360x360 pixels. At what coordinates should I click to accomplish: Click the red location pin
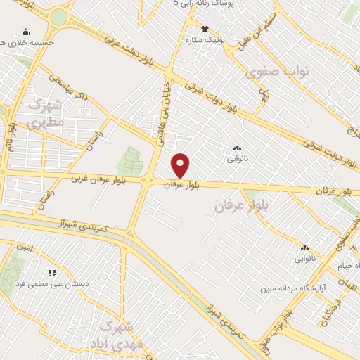click(x=181, y=165)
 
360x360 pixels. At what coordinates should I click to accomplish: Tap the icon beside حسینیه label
click(x=26, y=32)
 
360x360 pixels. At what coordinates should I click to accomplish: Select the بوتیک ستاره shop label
click(x=203, y=40)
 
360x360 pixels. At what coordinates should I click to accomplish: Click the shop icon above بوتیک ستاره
click(x=205, y=29)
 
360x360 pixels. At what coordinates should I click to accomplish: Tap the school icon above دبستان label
click(x=51, y=272)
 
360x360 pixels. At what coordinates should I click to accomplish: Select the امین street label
click(x=25, y=247)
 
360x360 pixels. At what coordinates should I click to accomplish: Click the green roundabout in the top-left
click(x=59, y=17)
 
